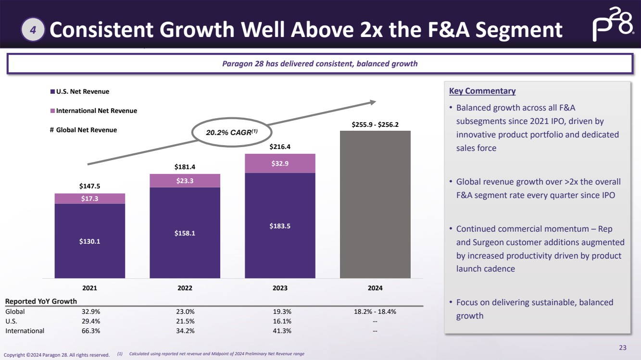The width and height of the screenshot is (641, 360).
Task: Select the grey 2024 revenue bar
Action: [x=375, y=204]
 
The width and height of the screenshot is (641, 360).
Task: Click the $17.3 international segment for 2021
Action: [x=90, y=199]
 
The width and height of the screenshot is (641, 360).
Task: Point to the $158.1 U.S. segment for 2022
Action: [x=185, y=233]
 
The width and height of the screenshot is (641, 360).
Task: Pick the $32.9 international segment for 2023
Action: [x=280, y=163]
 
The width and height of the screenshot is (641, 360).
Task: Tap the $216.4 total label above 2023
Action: [x=280, y=147]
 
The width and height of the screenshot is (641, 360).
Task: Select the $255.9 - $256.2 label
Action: [x=375, y=124]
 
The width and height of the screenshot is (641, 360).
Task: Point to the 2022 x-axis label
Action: [x=185, y=288]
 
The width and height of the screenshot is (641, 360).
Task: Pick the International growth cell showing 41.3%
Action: [x=280, y=331]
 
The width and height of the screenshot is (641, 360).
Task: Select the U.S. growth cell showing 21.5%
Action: [x=185, y=321]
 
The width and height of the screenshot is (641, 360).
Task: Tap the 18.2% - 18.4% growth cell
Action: [x=375, y=311]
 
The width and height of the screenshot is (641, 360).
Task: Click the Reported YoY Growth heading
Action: [x=41, y=301]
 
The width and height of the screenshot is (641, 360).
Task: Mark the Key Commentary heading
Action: [x=482, y=91]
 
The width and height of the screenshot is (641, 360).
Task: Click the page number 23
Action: [x=623, y=348]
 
